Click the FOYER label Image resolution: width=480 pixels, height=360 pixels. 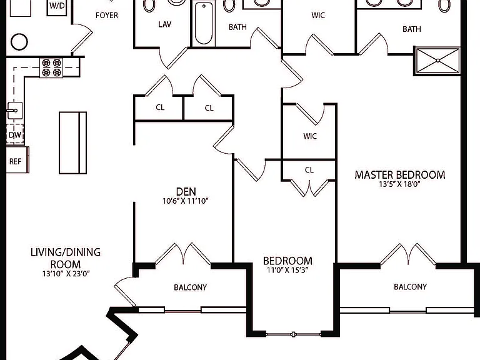pos(106,15)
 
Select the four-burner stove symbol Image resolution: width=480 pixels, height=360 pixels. pos(51,67)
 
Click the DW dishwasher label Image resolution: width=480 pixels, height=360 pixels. pos(15,135)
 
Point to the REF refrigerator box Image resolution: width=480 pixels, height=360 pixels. pos(17,160)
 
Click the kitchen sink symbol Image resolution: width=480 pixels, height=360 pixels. pos(14,111)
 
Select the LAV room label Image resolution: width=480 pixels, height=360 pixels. pos(165,24)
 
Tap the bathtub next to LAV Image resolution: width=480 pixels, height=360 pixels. pos(204,23)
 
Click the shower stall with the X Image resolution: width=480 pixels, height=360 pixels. pos(437,61)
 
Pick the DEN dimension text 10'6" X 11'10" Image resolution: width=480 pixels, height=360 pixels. pos(186,201)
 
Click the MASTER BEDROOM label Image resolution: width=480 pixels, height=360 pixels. pos(400,175)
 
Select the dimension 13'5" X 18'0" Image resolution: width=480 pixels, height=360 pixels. pos(399,184)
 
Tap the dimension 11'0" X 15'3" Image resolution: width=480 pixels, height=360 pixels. pos(287,270)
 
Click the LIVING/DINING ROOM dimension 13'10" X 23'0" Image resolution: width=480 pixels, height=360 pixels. pos(66,274)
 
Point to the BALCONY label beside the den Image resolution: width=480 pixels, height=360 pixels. pos(191,287)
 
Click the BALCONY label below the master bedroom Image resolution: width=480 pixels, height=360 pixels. pos(410,287)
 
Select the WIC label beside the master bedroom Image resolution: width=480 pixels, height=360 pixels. pos(310,136)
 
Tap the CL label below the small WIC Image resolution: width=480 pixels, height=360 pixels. pos(309,170)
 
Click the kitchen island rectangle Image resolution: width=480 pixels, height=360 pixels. pos(73,142)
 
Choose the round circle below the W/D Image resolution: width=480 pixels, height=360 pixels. pos(19,42)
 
